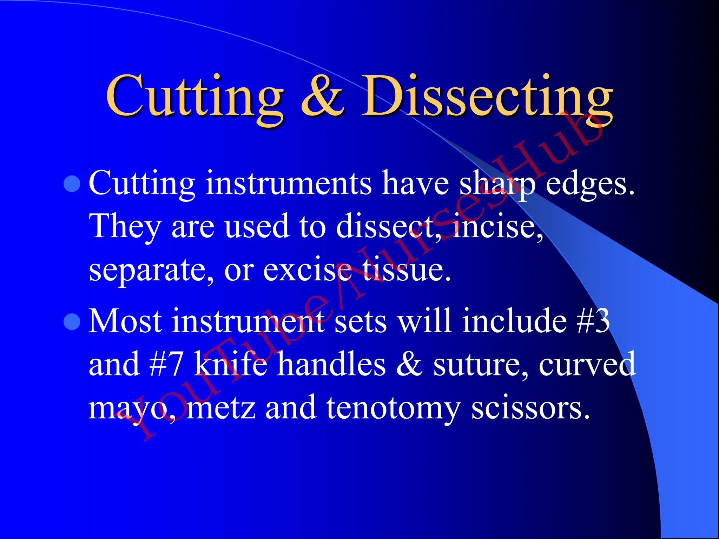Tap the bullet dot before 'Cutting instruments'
pyautogui.click(x=72, y=184)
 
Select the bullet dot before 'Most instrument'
pyautogui.click(x=72, y=321)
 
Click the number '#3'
pyautogui.click(x=593, y=321)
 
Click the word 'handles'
pyautogui.click(x=332, y=364)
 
